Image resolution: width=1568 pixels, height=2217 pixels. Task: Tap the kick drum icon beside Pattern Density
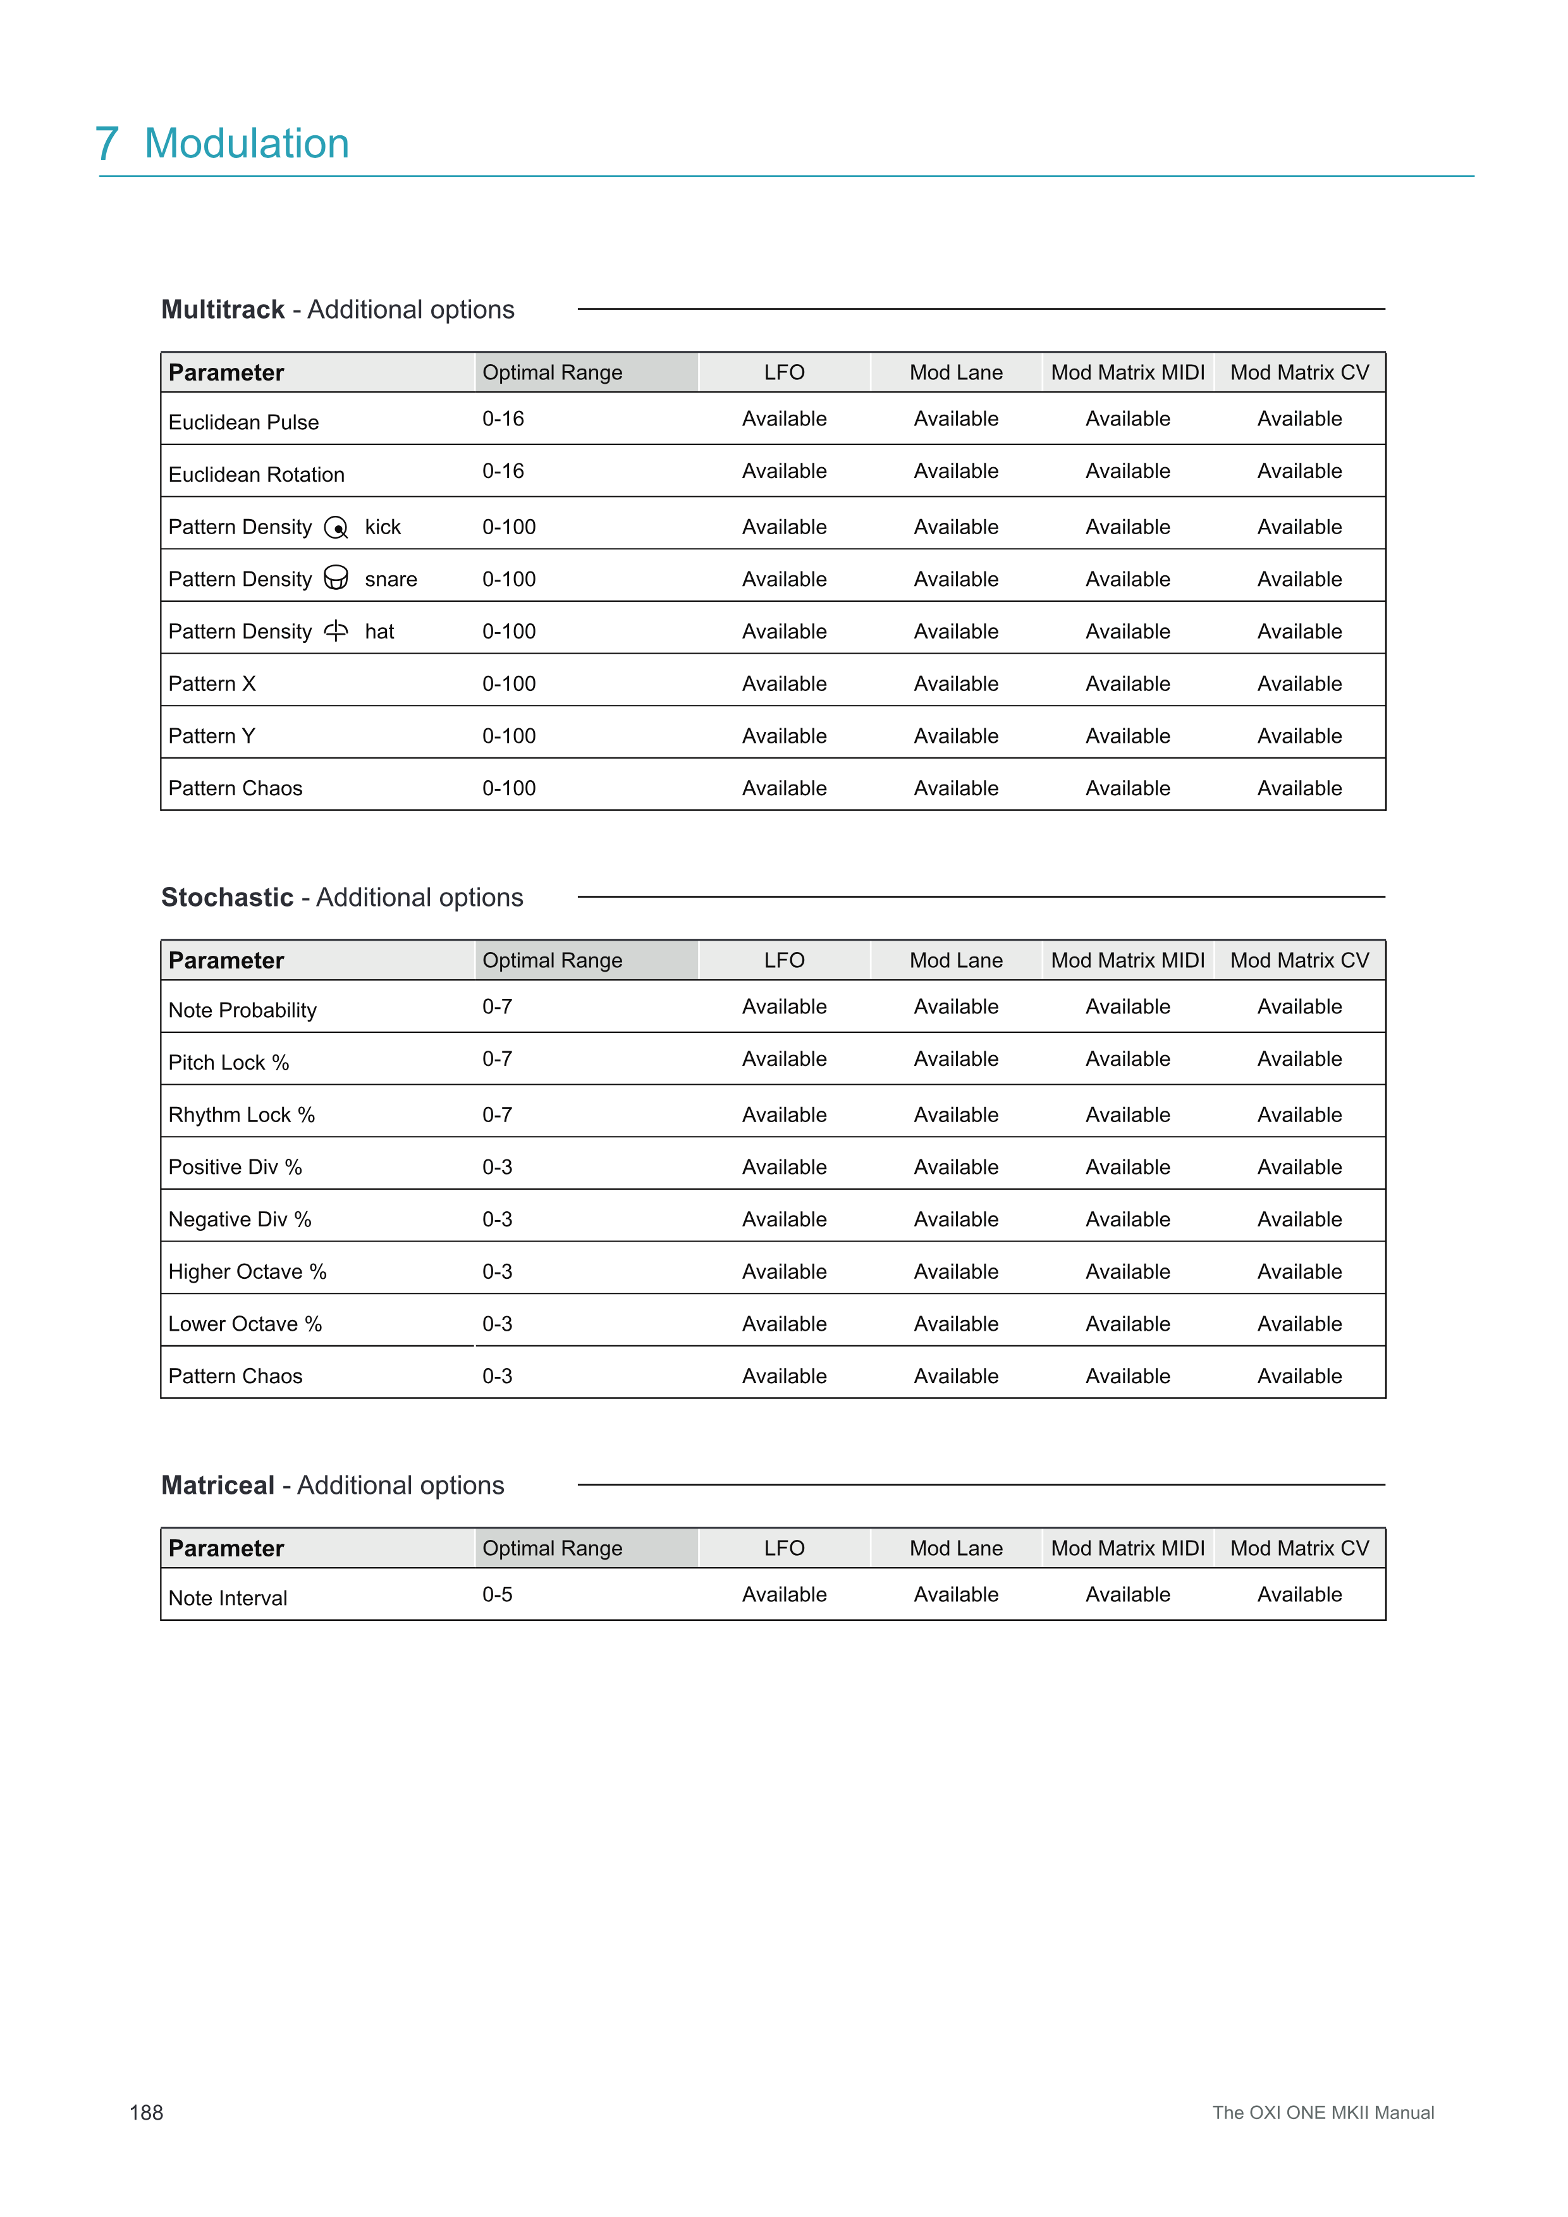point(336,527)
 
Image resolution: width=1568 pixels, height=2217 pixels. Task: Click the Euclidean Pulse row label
point(243,422)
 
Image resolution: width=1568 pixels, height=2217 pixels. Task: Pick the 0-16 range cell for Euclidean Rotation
point(503,471)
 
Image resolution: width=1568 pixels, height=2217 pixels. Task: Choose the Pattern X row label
point(211,683)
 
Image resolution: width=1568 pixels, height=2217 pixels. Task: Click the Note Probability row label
point(242,1010)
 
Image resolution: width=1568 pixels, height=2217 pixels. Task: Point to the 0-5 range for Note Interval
point(497,1594)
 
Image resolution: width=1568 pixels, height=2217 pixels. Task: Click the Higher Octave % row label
point(247,1272)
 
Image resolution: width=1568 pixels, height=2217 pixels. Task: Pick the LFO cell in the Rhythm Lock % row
point(784,1115)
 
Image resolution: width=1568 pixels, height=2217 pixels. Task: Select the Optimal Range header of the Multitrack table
point(552,373)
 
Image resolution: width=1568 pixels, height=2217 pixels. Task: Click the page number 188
point(146,2113)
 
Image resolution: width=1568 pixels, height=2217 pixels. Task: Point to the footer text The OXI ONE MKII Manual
point(1323,2113)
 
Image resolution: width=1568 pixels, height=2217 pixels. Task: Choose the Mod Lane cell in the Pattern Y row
point(956,736)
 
